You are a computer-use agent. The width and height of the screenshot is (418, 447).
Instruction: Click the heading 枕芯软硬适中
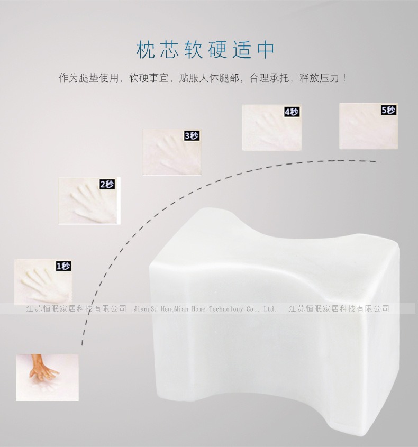click(206, 50)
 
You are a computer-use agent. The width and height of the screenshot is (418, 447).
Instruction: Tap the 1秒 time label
click(63, 266)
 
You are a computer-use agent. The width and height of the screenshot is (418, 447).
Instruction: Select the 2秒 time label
click(107, 185)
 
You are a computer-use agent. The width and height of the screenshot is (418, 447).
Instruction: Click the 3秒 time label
click(191, 136)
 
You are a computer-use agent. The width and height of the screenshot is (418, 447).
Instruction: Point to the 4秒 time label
click(292, 112)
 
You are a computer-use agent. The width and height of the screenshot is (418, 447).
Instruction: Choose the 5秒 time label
click(388, 110)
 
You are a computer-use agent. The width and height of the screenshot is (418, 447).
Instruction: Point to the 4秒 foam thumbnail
click(271, 127)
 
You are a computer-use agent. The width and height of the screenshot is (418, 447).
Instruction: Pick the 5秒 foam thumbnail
click(368, 126)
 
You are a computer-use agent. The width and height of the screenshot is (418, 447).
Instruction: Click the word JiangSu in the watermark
click(145, 309)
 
